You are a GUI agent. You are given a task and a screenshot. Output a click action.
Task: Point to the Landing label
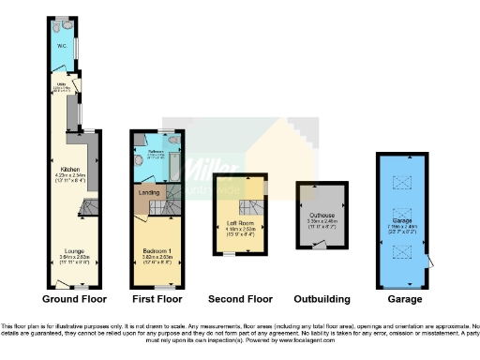[x=148, y=194]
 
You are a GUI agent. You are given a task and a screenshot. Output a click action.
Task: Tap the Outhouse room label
[x=322, y=222]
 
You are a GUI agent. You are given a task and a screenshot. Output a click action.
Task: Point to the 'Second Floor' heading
[x=241, y=299]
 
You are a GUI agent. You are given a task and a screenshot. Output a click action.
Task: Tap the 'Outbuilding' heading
[x=322, y=299]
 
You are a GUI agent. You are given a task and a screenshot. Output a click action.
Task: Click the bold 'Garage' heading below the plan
[x=404, y=299]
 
